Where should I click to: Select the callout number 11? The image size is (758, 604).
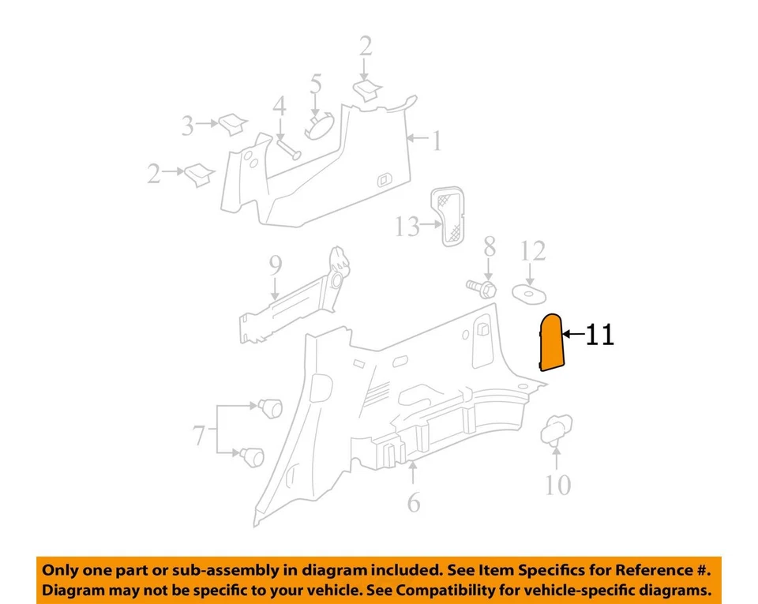pos(599,335)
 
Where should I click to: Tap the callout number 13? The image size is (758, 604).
pos(407,227)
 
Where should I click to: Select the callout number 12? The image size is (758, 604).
pos(534,252)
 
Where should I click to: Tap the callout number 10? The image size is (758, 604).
pos(557,484)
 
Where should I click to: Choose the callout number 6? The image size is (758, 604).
pos(414,501)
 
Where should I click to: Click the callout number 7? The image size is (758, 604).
pos(198,435)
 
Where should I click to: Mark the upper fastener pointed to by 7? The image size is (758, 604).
pos(271,407)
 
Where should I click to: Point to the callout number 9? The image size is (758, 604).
pos(275,266)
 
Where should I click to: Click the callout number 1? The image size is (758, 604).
pos(436,141)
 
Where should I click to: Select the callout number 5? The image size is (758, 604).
pos(316,84)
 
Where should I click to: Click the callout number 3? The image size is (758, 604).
pos(187,125)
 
